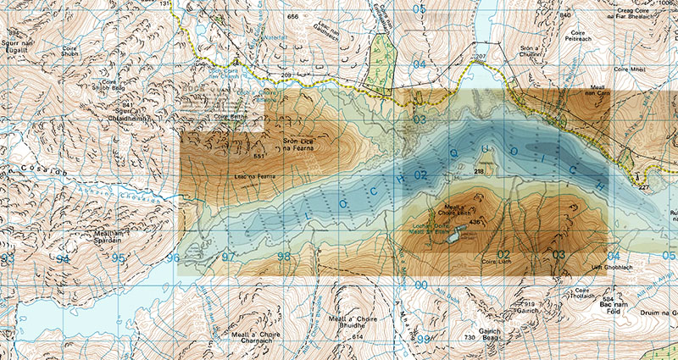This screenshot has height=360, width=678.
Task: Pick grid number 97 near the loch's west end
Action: tap(227, 257)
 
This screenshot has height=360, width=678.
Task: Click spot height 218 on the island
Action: tap(479, 171)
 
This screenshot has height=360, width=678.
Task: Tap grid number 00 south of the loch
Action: tap(421, 285)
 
